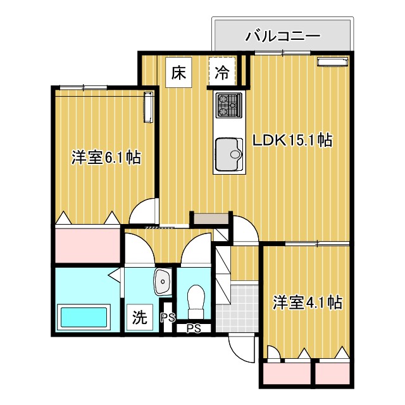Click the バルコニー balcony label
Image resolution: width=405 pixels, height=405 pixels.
coord(282,35)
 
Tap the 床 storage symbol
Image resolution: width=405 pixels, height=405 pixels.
coord(178,72)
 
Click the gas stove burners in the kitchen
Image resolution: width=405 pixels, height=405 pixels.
coord(228,105)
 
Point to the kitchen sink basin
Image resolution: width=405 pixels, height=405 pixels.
coord(228,154)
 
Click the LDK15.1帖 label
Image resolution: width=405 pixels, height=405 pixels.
coord(293,140)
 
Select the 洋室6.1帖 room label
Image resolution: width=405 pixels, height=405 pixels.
coord(106,157)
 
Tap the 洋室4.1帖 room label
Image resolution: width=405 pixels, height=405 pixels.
coord(308,302)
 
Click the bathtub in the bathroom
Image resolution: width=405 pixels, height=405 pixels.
coord(84,316)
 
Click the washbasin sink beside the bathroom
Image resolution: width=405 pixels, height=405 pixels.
coord(163,280)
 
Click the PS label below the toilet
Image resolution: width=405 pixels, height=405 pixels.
coord(194,328)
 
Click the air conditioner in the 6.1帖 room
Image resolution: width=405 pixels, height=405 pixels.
coord(149,106)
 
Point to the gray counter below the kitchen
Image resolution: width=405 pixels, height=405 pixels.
coord(211,219)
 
